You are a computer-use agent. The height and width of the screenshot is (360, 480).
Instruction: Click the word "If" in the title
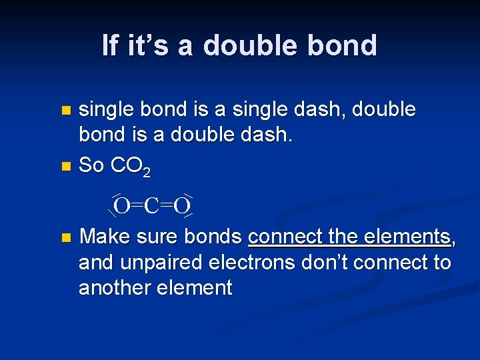tap(111, 45)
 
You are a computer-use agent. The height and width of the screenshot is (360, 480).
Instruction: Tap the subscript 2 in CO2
tap(146, 173)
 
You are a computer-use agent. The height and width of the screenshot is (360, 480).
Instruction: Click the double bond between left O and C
tap(137, 205)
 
